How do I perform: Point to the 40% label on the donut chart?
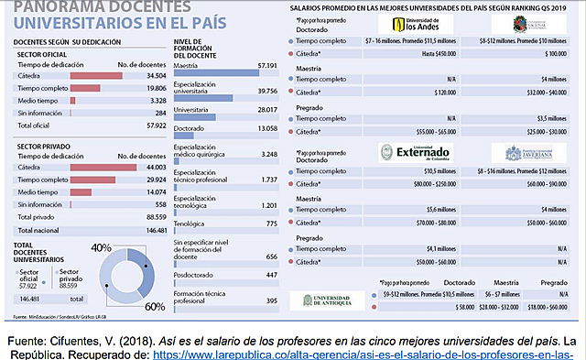(101, 248)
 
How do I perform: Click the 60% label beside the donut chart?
(156, 305)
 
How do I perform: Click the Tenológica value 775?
(267, 224)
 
